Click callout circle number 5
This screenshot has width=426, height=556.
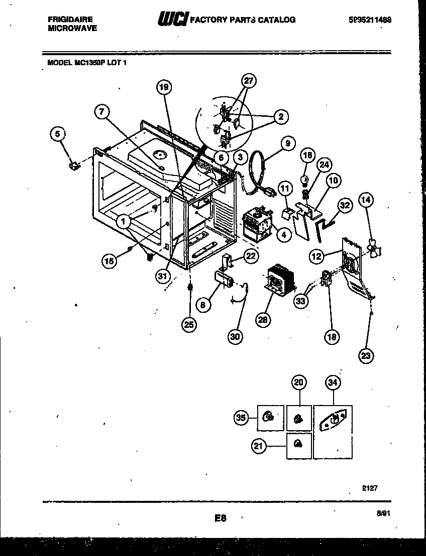(x=58, y=134)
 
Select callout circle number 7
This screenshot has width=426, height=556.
(x=102, y=113)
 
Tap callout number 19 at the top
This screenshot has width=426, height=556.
(x=163, y=87)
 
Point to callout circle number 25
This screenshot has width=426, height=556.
(x=189, y=324)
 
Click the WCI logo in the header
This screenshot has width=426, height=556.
(x=172, y=19)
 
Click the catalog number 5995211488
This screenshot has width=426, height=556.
(x=369, y=20)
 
